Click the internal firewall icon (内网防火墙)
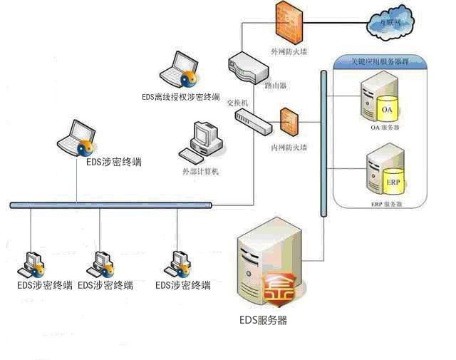[289, 123]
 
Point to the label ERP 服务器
[386, 204]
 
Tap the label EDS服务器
[263, 321]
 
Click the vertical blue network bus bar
[324, 143]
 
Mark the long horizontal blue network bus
[110, 205]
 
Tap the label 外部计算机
[201, 172]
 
